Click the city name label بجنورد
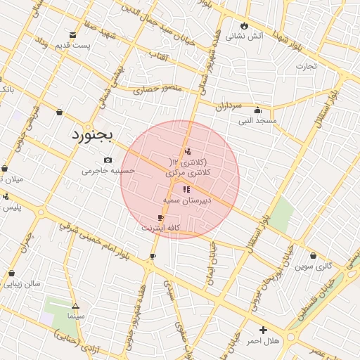tap(96, 134)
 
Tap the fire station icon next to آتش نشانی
tap(245, 25)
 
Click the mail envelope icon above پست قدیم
tap(72, 34)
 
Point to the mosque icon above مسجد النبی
tap(257, 110)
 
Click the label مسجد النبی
tap(257, 121)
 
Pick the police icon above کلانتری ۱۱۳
tap(188, 151)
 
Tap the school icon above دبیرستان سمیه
tap(186, 189)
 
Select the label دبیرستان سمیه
tap(186, 200)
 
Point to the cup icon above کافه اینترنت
tap(161, 218)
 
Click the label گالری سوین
tap(313, 266)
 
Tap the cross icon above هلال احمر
tap(263, 330)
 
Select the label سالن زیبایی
tap(22, 284)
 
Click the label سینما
tap(76, 317)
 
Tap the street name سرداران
tap(228, 105)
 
